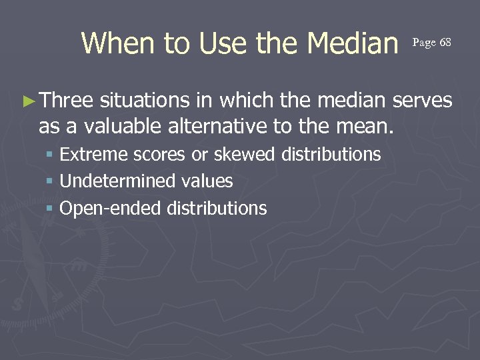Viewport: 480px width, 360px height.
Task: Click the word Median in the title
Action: (x=351, y=44)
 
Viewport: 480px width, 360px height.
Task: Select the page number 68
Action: (x=445, y=43)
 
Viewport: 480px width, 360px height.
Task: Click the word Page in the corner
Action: (x=424, y=43)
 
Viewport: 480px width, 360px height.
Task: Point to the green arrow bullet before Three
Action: (x=28, y=101)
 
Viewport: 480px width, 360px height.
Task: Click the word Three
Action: (x=67, y=101)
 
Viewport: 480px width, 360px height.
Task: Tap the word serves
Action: (x=423, y=101)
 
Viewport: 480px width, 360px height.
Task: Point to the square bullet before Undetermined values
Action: (x=51, y=182)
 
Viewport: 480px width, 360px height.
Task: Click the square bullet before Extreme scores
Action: (x=51, y=155)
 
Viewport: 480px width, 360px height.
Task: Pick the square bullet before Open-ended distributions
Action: (x=51, y=209)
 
